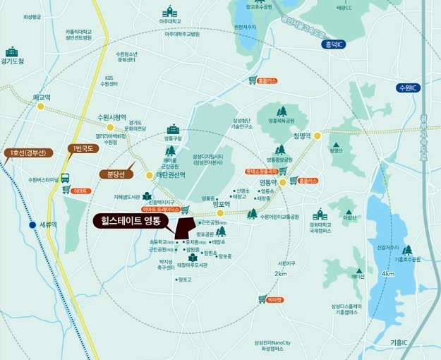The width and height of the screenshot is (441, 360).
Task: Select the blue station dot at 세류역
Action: pyautogui.click(x=32, y=225)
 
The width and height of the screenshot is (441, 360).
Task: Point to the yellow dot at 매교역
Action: pyautogui.click(x=41, y=107)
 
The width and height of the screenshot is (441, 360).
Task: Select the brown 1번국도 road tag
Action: pyautogui.click(x=82, y=148)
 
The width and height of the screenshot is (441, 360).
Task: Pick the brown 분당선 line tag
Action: pyautogui.click(x=111, y=174)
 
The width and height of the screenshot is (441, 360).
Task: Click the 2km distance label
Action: pyautogui.click(x=281, y=274)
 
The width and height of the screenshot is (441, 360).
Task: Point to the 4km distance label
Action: pyautogui.click(x=387, y=273)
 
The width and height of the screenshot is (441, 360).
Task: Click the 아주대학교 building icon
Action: pyautogui.click(x=169, y=12)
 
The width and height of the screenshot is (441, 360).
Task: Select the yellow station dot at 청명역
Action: pyautogui.click(x=318, y=136)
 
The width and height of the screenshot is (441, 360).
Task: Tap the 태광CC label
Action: pyautogui.click(x=344, y=7)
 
